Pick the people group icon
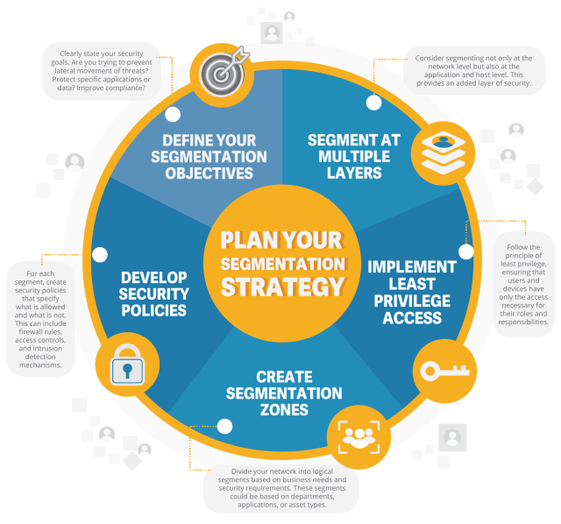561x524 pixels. coord(356,436)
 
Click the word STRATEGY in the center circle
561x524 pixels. coord(282,287)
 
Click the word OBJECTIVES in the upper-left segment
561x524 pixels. coord(209,173)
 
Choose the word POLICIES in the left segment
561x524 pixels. coord(154,310)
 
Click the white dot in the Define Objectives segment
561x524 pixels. coord(173,113)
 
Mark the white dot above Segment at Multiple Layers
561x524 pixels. coord(374,103)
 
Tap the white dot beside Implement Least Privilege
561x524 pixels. coord(465,251)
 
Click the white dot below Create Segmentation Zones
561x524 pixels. coord(224,428)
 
